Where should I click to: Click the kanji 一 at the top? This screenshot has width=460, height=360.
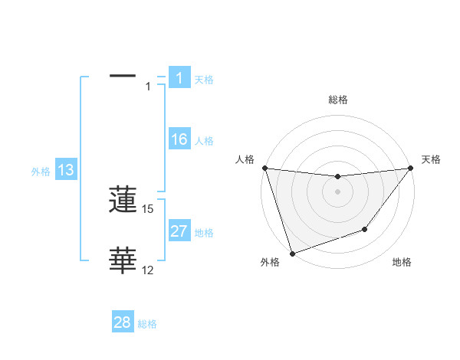click(x=123, y=76)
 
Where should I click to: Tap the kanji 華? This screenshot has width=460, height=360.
click(x=123, y=261)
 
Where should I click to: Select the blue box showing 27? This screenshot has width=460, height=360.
click(x=179, y=231)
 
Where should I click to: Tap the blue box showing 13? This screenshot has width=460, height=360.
click(x=66, y=170)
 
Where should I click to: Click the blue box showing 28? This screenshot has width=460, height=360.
click(x=123, y=322)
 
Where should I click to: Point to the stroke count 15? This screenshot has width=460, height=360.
click(x=148, y=208)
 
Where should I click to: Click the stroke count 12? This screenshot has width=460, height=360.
click(x=148, y=270)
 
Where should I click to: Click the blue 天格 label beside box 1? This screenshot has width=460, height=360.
click(x=204, y=79)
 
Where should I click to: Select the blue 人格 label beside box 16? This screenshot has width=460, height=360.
click(x=204, y=141)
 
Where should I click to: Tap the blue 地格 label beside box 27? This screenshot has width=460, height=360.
click(x=204, y=233)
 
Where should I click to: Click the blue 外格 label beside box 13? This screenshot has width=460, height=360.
click(x=41, y=172)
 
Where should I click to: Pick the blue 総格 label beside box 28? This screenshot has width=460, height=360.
click(x=147, y=325)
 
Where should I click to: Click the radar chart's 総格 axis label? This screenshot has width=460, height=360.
click(x=338, y=100)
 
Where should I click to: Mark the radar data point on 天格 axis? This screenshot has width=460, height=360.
click(x=410, y=168)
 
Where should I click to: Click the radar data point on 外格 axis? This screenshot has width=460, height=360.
click(x=292, y=253)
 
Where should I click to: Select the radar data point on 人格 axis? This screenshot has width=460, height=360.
click(x=264, y=168)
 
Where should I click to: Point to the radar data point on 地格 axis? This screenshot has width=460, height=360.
click(x=365, y=229)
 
